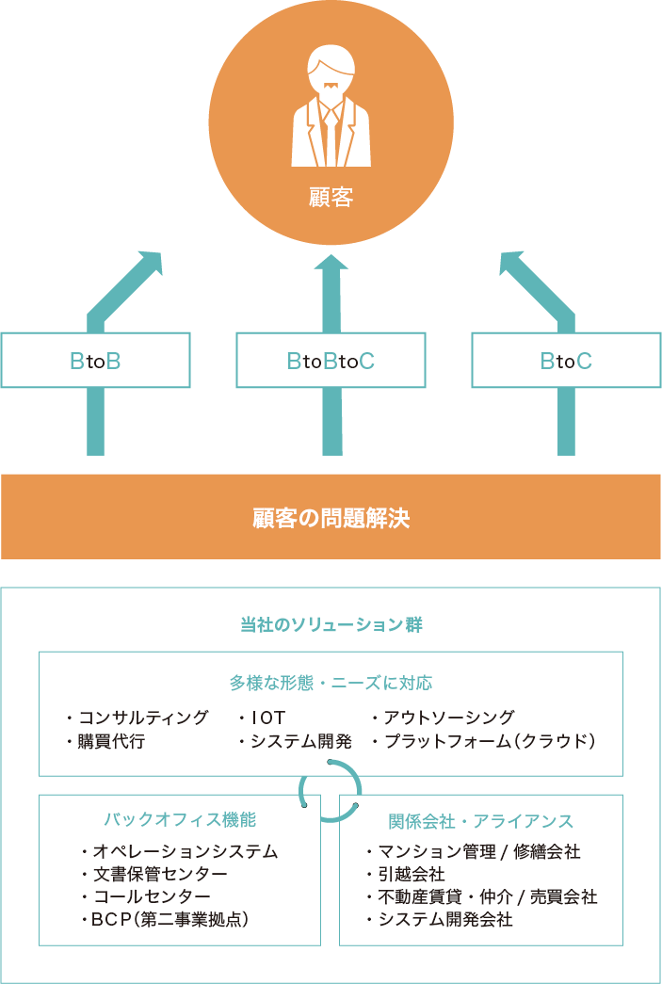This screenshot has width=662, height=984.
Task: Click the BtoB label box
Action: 95,360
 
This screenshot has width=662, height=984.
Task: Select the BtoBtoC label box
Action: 331,360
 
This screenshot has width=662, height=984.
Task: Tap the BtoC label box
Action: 566,360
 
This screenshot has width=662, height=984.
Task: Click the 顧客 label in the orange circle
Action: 331,199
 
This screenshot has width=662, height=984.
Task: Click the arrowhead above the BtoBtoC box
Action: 331,264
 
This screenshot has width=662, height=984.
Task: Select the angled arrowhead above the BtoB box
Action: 150,265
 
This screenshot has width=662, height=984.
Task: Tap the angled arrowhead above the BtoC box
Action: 512,265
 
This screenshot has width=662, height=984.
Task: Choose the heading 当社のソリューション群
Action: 331,625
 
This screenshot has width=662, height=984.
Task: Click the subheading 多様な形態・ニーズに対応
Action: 331,683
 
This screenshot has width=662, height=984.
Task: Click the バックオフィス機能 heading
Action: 180,818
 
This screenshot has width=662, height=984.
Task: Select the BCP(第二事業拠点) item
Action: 166,919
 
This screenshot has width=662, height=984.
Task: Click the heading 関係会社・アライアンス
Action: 480,820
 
